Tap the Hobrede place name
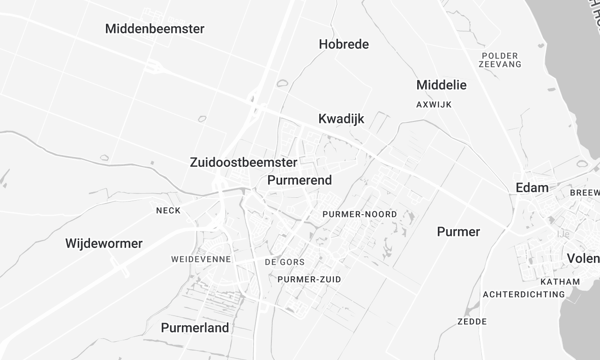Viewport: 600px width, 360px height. click(343, 45)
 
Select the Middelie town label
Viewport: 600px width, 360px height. click(441, 85)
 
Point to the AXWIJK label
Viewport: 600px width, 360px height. click(436, 104)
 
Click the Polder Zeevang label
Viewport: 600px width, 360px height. click(501, 60)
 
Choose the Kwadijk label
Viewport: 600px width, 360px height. click(341, 119)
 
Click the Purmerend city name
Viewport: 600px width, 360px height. click(300, 180)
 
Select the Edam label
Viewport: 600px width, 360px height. click(531, 187)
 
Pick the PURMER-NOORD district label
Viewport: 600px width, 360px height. click(360, 215)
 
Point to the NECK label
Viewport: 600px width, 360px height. click(168, 211)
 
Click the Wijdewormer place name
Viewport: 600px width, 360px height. click(104, 243)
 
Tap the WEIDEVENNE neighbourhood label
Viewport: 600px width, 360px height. click(201, 259)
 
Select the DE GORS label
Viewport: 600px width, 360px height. click(283, 261)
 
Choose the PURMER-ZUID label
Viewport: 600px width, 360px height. click(310, 279)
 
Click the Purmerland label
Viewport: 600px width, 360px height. click(195, 327)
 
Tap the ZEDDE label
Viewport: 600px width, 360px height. click(472, 322)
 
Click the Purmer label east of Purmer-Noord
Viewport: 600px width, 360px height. click(458, 232)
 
